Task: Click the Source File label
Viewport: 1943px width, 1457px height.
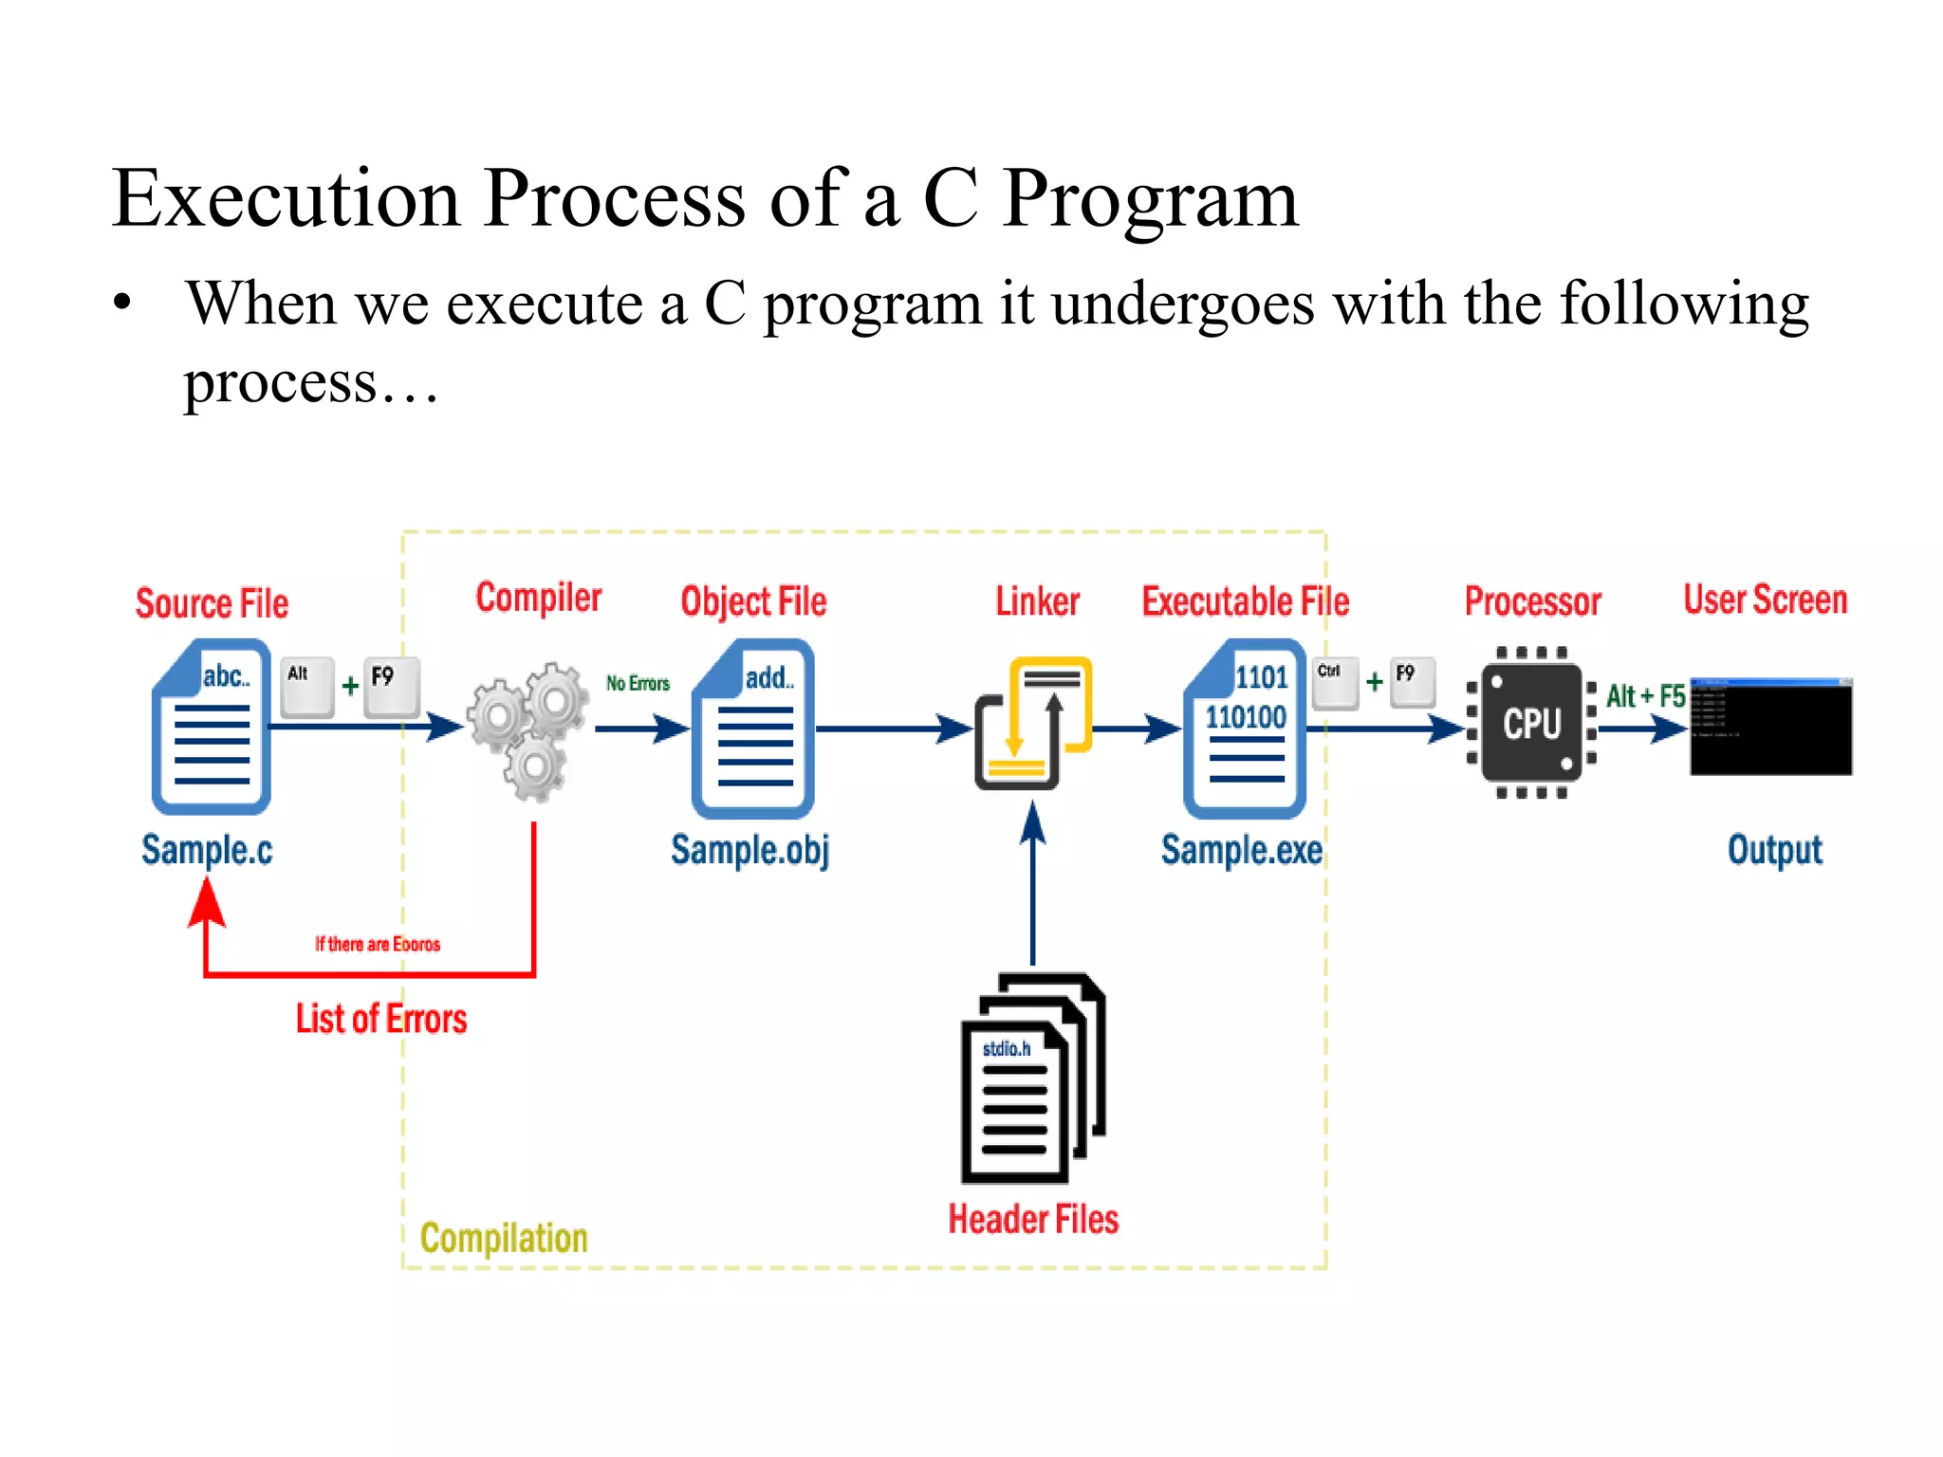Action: click(212, 603)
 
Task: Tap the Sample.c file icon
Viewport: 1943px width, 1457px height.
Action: click(212, 727)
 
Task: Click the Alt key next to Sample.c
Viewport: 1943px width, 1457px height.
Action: click(307, 686)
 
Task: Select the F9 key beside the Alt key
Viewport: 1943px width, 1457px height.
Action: click(392, 686)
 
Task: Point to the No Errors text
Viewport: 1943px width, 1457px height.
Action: click(638, 683)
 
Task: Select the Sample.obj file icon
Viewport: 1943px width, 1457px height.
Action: click(753, 728)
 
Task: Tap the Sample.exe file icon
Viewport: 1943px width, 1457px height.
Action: click(1246, 728)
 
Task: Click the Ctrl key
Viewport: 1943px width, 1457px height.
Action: click(1335, 683)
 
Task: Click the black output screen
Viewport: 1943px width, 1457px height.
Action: click(1770, 727)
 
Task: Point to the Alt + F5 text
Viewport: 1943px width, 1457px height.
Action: click(1645, 696)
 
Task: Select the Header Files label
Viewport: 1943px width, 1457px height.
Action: click(1033, 1219)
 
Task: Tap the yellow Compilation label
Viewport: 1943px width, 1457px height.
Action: click(504, 1238)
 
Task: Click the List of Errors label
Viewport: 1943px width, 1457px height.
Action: click(381, 1019)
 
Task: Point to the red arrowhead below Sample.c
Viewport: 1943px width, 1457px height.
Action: click(207, 902)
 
